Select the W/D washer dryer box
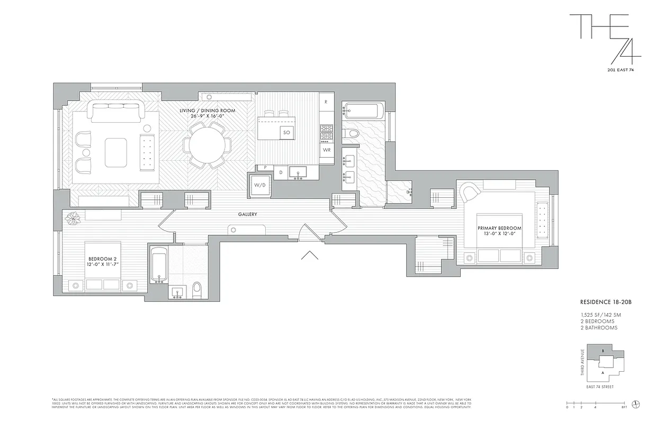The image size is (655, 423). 259,185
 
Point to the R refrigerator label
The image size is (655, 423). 326,101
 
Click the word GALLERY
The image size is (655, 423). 247,214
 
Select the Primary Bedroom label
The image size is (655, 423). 499,231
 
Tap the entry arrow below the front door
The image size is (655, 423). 309,255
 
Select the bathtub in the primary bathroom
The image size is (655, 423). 363,111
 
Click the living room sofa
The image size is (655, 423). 116,112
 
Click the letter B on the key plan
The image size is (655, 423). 603,351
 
